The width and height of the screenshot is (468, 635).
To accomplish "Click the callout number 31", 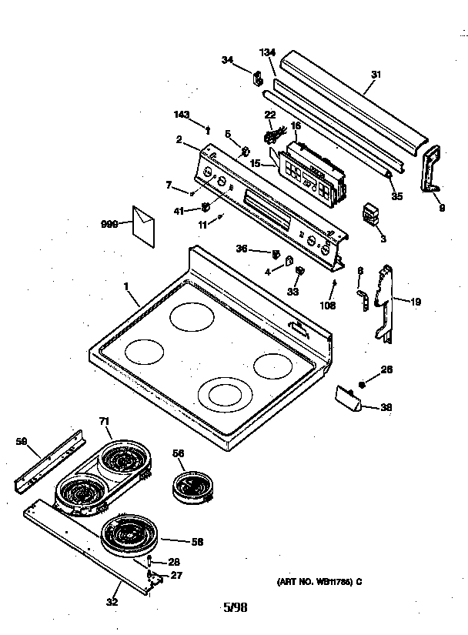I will [376, 74].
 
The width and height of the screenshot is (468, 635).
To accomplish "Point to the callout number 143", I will [182, 115].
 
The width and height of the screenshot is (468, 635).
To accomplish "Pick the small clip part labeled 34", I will [258, 77].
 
